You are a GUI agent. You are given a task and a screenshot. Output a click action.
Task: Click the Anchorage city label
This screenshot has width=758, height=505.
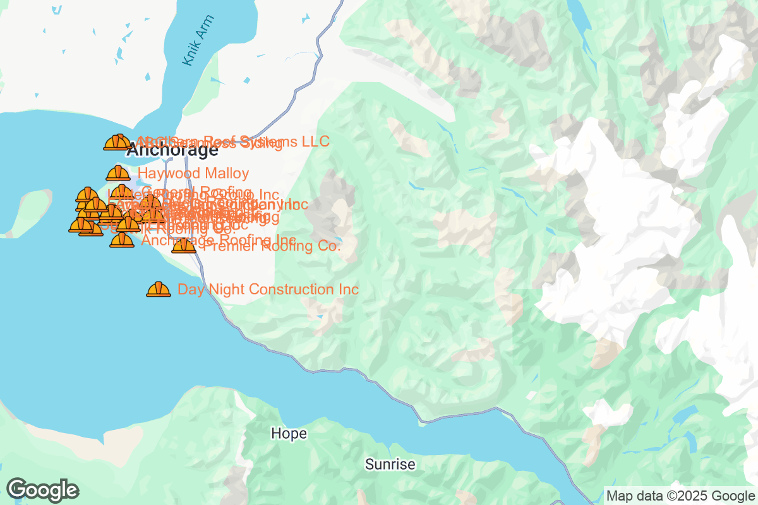(172, 151)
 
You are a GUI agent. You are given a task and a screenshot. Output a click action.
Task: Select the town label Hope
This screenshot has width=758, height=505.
(289, 434)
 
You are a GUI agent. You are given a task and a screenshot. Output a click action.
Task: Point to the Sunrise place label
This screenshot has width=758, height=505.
(390, 465)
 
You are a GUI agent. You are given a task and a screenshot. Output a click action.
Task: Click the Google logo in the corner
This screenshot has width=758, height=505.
(43, 490)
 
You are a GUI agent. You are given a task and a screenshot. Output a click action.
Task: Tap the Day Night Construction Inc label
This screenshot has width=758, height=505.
(268, 290)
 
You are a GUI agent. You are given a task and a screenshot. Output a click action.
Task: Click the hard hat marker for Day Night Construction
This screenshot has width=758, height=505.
(159, 289)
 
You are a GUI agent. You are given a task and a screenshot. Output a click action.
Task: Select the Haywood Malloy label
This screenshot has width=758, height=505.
(193, 173)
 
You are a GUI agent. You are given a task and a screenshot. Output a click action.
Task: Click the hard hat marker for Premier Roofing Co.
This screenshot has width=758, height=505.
(184, 245)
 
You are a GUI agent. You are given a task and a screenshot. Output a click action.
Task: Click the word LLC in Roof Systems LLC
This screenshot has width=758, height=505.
(315, 141)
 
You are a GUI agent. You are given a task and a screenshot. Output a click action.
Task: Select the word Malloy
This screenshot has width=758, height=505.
(227, 173)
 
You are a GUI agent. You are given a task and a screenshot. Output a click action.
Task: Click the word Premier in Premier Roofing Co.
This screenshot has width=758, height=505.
(225, 247)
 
